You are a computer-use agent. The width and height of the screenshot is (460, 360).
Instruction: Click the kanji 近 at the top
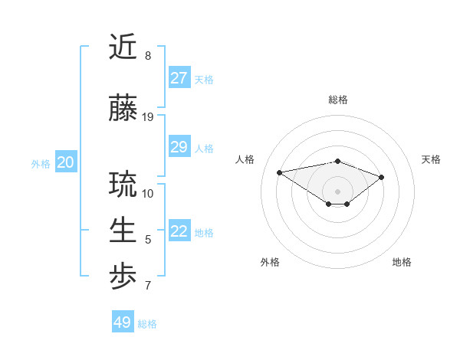coord(123,47)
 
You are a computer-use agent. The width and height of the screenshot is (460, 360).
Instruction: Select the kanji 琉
coord(123,185)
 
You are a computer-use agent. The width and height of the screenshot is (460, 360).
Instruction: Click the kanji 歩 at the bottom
coord(123,278)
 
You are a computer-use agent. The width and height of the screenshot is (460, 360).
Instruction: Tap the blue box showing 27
coord(179,78)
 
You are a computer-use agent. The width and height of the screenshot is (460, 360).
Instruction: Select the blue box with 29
coord(179,147)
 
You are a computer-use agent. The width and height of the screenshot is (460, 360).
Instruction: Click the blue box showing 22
coord(179,231)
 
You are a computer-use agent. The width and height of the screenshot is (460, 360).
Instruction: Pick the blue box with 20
coord(66,162)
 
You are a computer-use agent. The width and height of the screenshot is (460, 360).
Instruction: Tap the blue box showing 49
coord(123,322)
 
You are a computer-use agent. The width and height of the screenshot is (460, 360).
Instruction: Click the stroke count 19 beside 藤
coord(148,117)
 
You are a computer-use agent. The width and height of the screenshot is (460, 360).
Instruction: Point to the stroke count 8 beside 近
coord(148,56)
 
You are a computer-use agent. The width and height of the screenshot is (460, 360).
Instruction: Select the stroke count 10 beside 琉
coord(148,193)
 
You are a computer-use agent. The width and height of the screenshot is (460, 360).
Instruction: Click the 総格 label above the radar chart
coord(338,100)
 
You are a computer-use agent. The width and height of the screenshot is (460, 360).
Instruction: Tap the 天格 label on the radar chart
coord(431,159)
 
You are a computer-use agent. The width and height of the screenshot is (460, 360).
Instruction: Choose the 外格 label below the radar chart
coord(270,262)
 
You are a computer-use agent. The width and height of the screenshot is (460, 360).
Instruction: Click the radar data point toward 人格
coord(280,172)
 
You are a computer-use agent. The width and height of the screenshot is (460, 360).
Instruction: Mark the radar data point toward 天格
coord(382,177)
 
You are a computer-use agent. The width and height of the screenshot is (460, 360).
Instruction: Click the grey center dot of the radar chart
coord(337,191)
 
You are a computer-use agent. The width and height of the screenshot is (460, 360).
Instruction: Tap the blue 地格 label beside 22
coord(204,232)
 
